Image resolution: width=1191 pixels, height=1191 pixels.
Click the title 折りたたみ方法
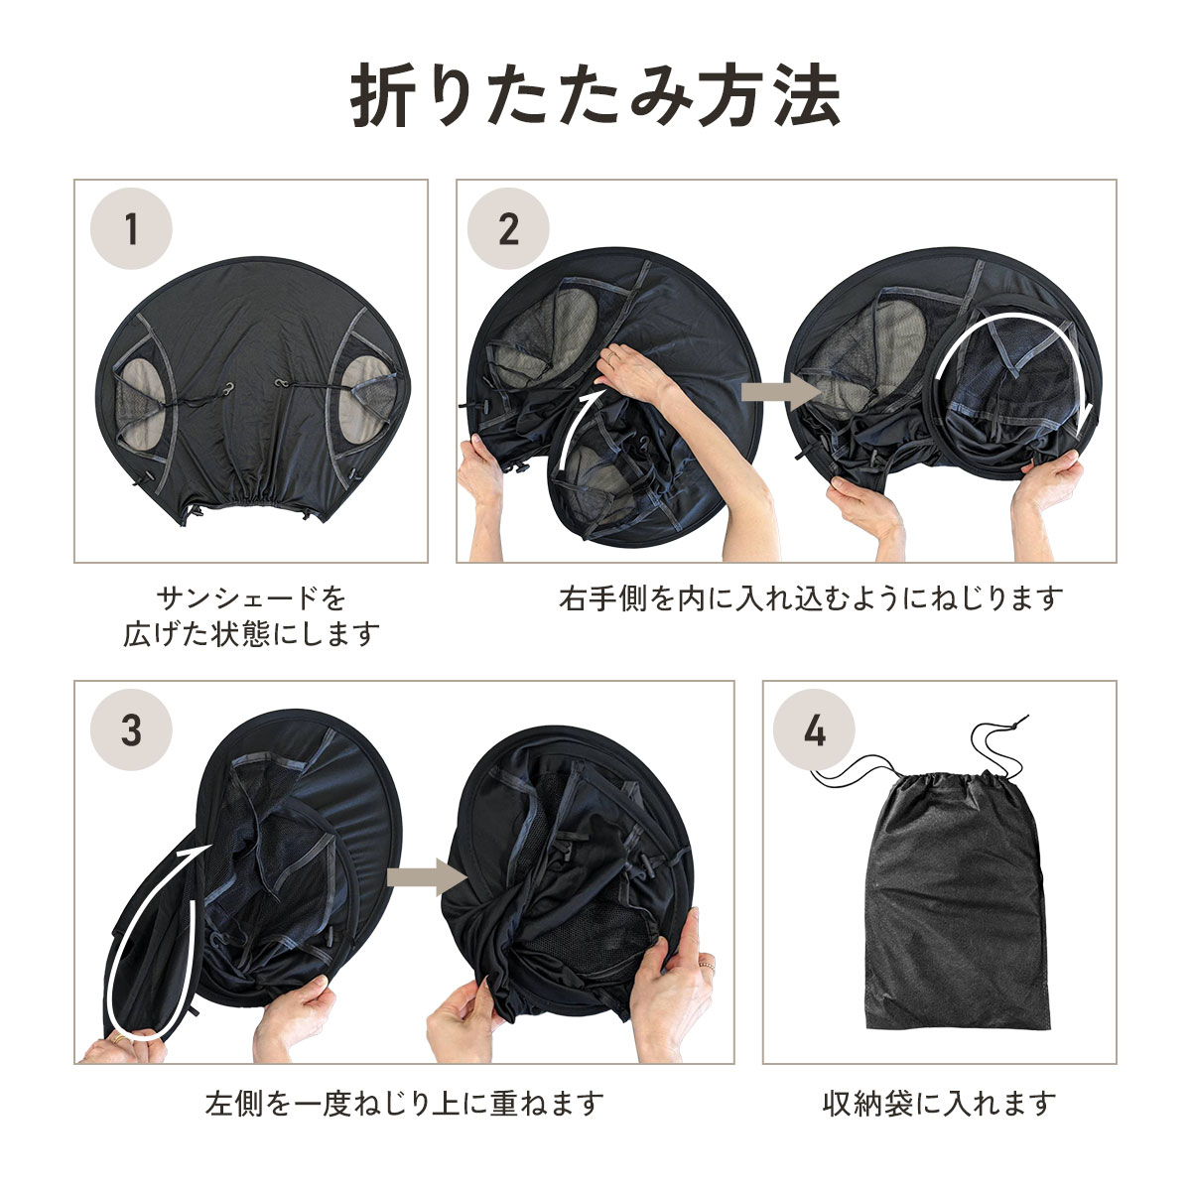point(595,96)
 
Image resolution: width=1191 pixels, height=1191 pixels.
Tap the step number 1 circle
point(131,228)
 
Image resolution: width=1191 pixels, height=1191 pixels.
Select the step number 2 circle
point(508,228)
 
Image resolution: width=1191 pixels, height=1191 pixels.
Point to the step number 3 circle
point(131,729)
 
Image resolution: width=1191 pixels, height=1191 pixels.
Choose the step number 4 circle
point(814,729)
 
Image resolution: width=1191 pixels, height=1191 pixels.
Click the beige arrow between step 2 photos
point(781,391)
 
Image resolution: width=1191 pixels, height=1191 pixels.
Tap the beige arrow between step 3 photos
point(427,877)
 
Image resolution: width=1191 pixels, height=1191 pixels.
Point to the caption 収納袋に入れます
point(939,1104)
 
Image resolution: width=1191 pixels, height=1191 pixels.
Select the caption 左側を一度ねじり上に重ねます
point(405,1104)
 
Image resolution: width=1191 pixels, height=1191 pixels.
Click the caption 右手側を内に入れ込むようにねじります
point(811,598)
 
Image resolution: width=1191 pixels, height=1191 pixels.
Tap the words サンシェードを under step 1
point(251,597)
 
